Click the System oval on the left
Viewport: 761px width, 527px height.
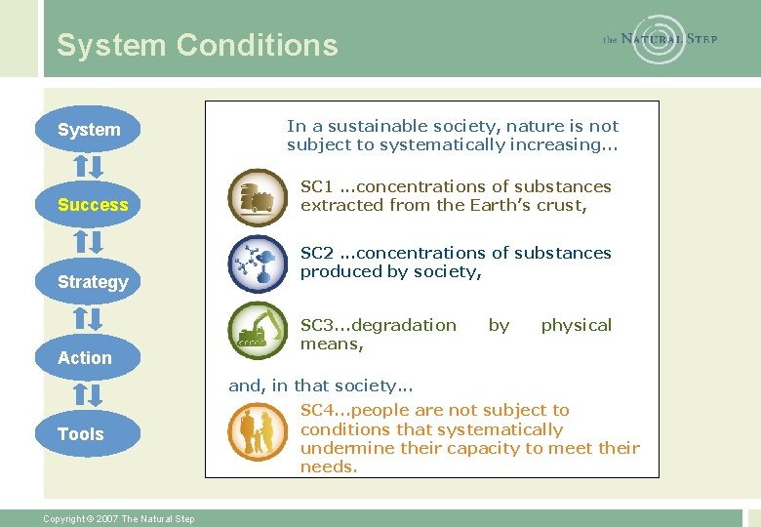[89, 130]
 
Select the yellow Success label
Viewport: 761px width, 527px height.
[93, 205]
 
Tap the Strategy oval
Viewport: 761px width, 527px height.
[93, 282]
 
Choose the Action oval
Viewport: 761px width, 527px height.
[86, 358]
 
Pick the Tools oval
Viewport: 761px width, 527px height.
[82, 434]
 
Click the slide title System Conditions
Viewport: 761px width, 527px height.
[197, 45]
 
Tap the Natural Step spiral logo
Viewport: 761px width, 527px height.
[660, 39]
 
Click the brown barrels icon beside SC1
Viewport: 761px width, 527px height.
[257, 197]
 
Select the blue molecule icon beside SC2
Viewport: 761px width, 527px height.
[257, 264]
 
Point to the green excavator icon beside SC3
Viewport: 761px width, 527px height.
[257, 332]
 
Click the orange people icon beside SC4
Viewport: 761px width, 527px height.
[257, 431]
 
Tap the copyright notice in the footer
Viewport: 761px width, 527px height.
[119, 518]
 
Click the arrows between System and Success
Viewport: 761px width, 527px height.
[89, 166]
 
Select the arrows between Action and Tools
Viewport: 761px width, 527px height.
[89, 395]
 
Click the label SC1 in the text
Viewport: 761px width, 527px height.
[316, 186]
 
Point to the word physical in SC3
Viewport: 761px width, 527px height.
[576, 325]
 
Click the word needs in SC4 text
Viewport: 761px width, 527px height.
[329, 467]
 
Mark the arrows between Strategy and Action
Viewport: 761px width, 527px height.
[89, 319]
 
